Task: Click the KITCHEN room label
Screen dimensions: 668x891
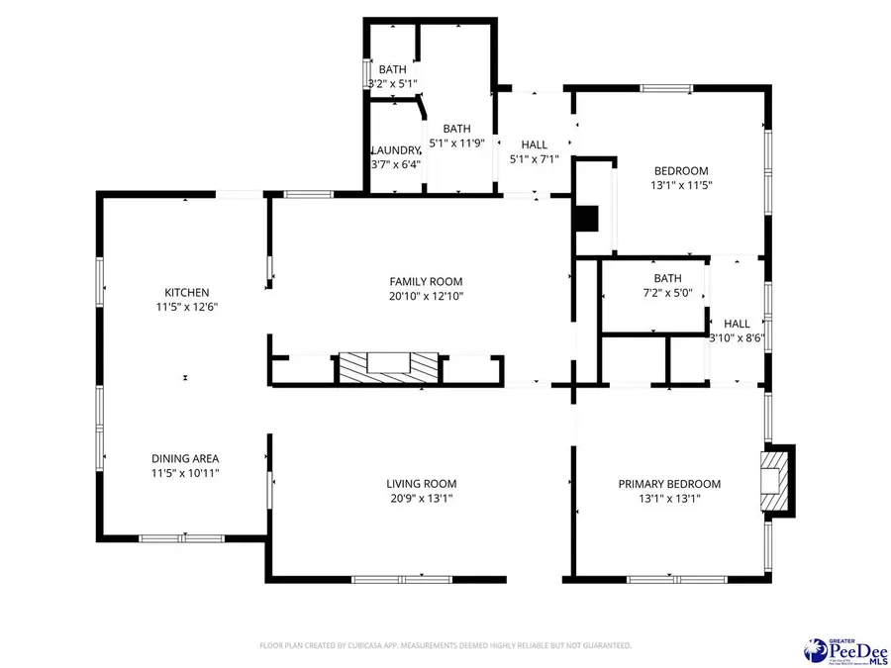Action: click(x=186, y=292)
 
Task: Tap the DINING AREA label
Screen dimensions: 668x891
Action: click(x=185, y=458)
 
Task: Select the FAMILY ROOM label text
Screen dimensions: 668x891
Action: click(x=426, y=282)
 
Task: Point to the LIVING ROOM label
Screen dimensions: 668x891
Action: click(x=422, y=484)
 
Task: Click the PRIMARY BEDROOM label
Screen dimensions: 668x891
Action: click(x=669, y=484)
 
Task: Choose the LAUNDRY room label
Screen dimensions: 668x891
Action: click(x=395, y=150)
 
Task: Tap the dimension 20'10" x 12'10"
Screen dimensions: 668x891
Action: click(x=426, y=296)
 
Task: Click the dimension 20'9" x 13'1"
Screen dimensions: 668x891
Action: click(x=422, y=498)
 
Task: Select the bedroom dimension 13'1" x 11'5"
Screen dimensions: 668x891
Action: click(x=682, y=185)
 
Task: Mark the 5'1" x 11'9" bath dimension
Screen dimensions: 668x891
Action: click(x=456, y=143)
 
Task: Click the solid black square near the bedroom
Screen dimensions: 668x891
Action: click(x=588, y=218)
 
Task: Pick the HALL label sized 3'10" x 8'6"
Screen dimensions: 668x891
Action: click(x=737, y=324)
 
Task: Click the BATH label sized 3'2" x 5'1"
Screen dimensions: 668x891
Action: click(x=392, y=69)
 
